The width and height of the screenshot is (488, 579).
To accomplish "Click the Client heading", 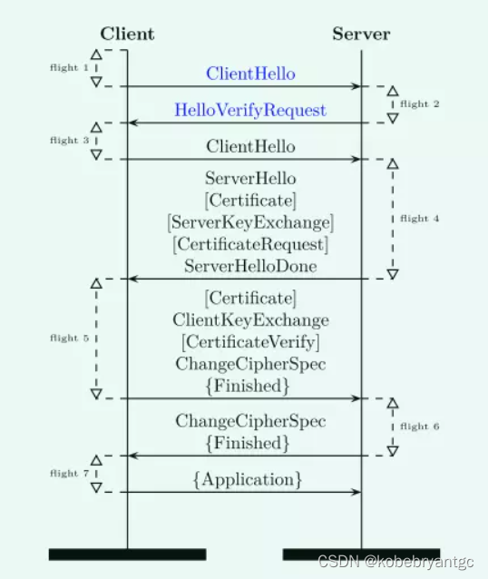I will (x=127, y=34).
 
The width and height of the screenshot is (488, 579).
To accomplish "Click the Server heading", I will (x=361, y=34).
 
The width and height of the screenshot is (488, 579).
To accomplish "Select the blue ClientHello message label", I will (x=250, y=74).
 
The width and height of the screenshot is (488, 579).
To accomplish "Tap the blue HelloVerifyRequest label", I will (x=250, y=110).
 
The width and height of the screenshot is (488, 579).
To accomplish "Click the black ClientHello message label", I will (x=250, y=146).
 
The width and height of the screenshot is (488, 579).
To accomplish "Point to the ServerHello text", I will (x=250, y=179).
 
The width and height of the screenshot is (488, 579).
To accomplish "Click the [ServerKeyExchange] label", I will (x=250, y=222).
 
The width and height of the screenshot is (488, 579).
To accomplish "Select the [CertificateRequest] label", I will (x=250, y=244).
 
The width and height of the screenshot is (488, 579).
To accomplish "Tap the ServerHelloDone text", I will (x=250, y=266).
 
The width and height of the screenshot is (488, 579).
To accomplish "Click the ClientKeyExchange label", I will (x=250, y=320).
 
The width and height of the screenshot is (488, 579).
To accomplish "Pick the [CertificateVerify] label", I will (x=250, y=342).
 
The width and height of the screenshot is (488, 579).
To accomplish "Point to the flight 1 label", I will (x=69, y=68).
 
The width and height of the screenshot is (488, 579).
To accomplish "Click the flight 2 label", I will (x=419, y=104).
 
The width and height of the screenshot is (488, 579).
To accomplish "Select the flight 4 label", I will (x=419, y=218).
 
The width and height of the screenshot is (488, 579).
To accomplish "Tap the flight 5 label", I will (x=69, y=339).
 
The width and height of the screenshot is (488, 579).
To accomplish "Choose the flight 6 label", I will (x=419, y=426).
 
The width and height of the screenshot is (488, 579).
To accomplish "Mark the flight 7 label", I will (x=69, y=474).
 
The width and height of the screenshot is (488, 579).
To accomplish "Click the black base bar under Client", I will (x=127, y=554).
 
